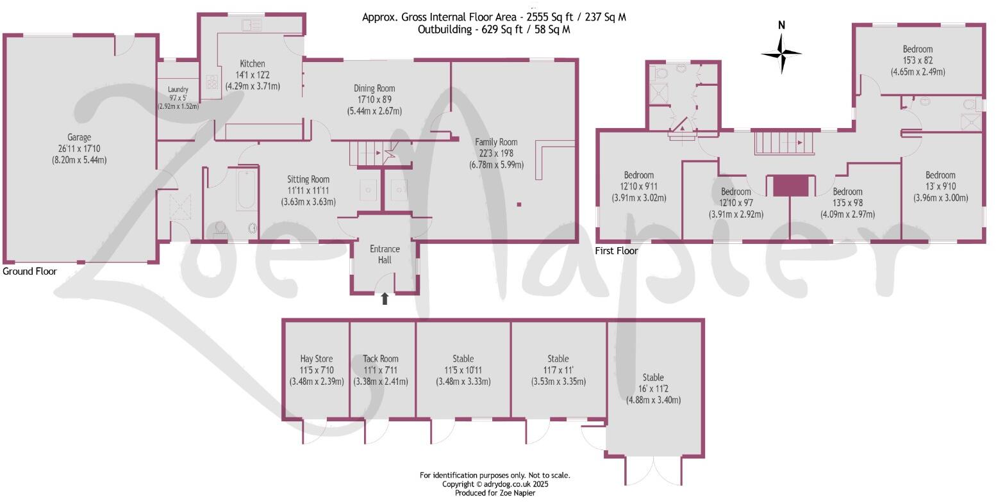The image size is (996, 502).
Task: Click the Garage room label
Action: (x=79, y=137)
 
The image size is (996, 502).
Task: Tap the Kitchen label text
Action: (x=253, y=63)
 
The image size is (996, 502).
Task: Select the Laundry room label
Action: (x=178, y=90)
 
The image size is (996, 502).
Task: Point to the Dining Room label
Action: (x=375, y=88)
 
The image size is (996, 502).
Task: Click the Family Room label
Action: (x=496, y=142)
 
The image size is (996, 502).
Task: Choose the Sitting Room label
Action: (x=308, y=179)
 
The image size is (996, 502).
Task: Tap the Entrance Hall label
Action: (x=385, y=254)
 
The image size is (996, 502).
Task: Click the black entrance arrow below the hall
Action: (x=385, y=298)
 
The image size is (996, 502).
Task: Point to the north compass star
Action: (x=781, y=54)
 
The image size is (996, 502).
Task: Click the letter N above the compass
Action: (x=781, y=26)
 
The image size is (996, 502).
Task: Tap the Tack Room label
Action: (x=381, y=359)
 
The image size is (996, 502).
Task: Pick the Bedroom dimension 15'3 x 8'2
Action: (x=918, y=61)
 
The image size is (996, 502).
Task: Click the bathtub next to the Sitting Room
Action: (x=246, y=190)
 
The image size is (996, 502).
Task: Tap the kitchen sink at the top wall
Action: (x=252, y=26)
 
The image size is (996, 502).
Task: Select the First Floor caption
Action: (x=617, y=251)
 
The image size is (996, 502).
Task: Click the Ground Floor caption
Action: (x=29, y=271)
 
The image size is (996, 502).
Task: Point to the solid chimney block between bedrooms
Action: (x=790, y=186)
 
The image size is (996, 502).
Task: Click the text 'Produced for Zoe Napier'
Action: (x=495, y=493)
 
